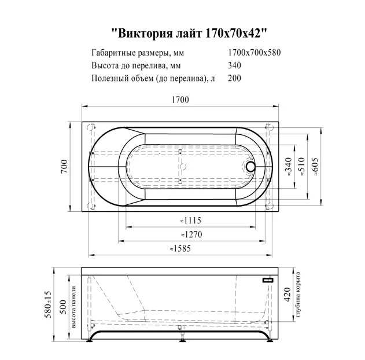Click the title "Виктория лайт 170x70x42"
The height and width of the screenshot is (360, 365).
(x=189, y=34)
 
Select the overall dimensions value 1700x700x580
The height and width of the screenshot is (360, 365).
(x=254, y=53)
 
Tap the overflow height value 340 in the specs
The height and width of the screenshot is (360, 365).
(x=234, y=65)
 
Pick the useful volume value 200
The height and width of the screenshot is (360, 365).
(x=234, y=78)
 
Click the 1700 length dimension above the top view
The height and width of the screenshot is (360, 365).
(x=180, y=100)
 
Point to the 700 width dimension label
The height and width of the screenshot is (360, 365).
(x=64, y=166)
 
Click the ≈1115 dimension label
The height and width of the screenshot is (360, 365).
(x=191, y=221)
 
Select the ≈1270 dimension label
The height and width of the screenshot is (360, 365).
(x=191, y=234)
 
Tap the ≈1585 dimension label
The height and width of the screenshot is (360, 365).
(x=180, y=248)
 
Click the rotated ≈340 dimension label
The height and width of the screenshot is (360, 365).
(x=288, y=167)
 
